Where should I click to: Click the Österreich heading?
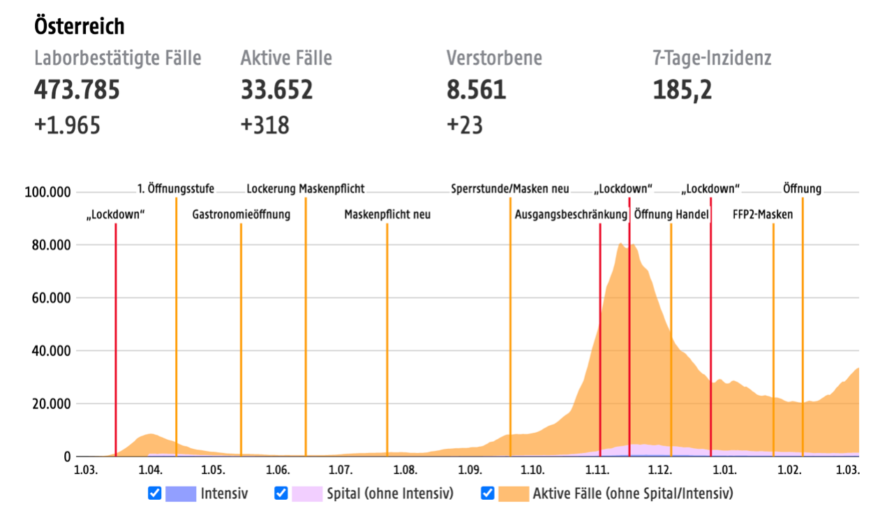79,27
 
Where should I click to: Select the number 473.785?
77,90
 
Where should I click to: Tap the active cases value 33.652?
276,90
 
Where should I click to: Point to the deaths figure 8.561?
476,90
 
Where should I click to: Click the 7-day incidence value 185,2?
683,90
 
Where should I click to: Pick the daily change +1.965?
67,125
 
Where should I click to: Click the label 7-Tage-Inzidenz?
712,58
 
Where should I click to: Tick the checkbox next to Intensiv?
155,494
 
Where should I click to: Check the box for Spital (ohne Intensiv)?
281,494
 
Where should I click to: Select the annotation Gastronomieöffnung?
241,215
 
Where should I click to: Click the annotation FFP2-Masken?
763,215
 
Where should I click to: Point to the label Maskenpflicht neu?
387,215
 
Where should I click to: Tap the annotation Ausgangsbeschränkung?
571,215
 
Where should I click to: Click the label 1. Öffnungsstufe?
176,188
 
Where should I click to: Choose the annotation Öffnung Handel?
671,215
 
